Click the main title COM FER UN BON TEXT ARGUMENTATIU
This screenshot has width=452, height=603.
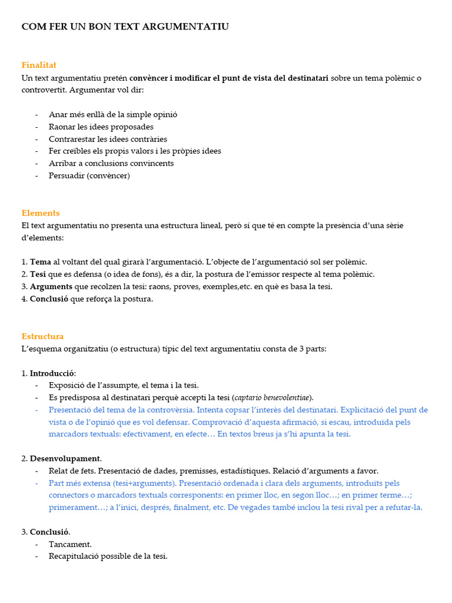click(125, 26)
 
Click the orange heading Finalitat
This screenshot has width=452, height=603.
click(39, 65)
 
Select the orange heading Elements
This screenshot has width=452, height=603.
click(41, 213)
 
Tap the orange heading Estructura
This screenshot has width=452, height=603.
click(42, 336)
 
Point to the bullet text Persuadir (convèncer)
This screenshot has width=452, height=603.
click(89, 175)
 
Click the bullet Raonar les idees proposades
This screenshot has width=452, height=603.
click(101, 127)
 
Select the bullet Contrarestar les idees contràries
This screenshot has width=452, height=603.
click(108, 139)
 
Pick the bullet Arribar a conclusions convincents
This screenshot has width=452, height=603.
click(111, 163)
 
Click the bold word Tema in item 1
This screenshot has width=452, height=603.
click(41, 262)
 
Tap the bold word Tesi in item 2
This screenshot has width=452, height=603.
click(38, 274)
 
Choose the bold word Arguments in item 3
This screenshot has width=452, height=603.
click(51, 287)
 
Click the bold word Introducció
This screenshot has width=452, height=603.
click(52, 373)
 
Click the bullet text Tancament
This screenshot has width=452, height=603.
click(70, 544)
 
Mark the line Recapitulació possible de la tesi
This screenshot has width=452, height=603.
click(108, 556)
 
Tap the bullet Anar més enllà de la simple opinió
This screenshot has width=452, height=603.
click(113, 115)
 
